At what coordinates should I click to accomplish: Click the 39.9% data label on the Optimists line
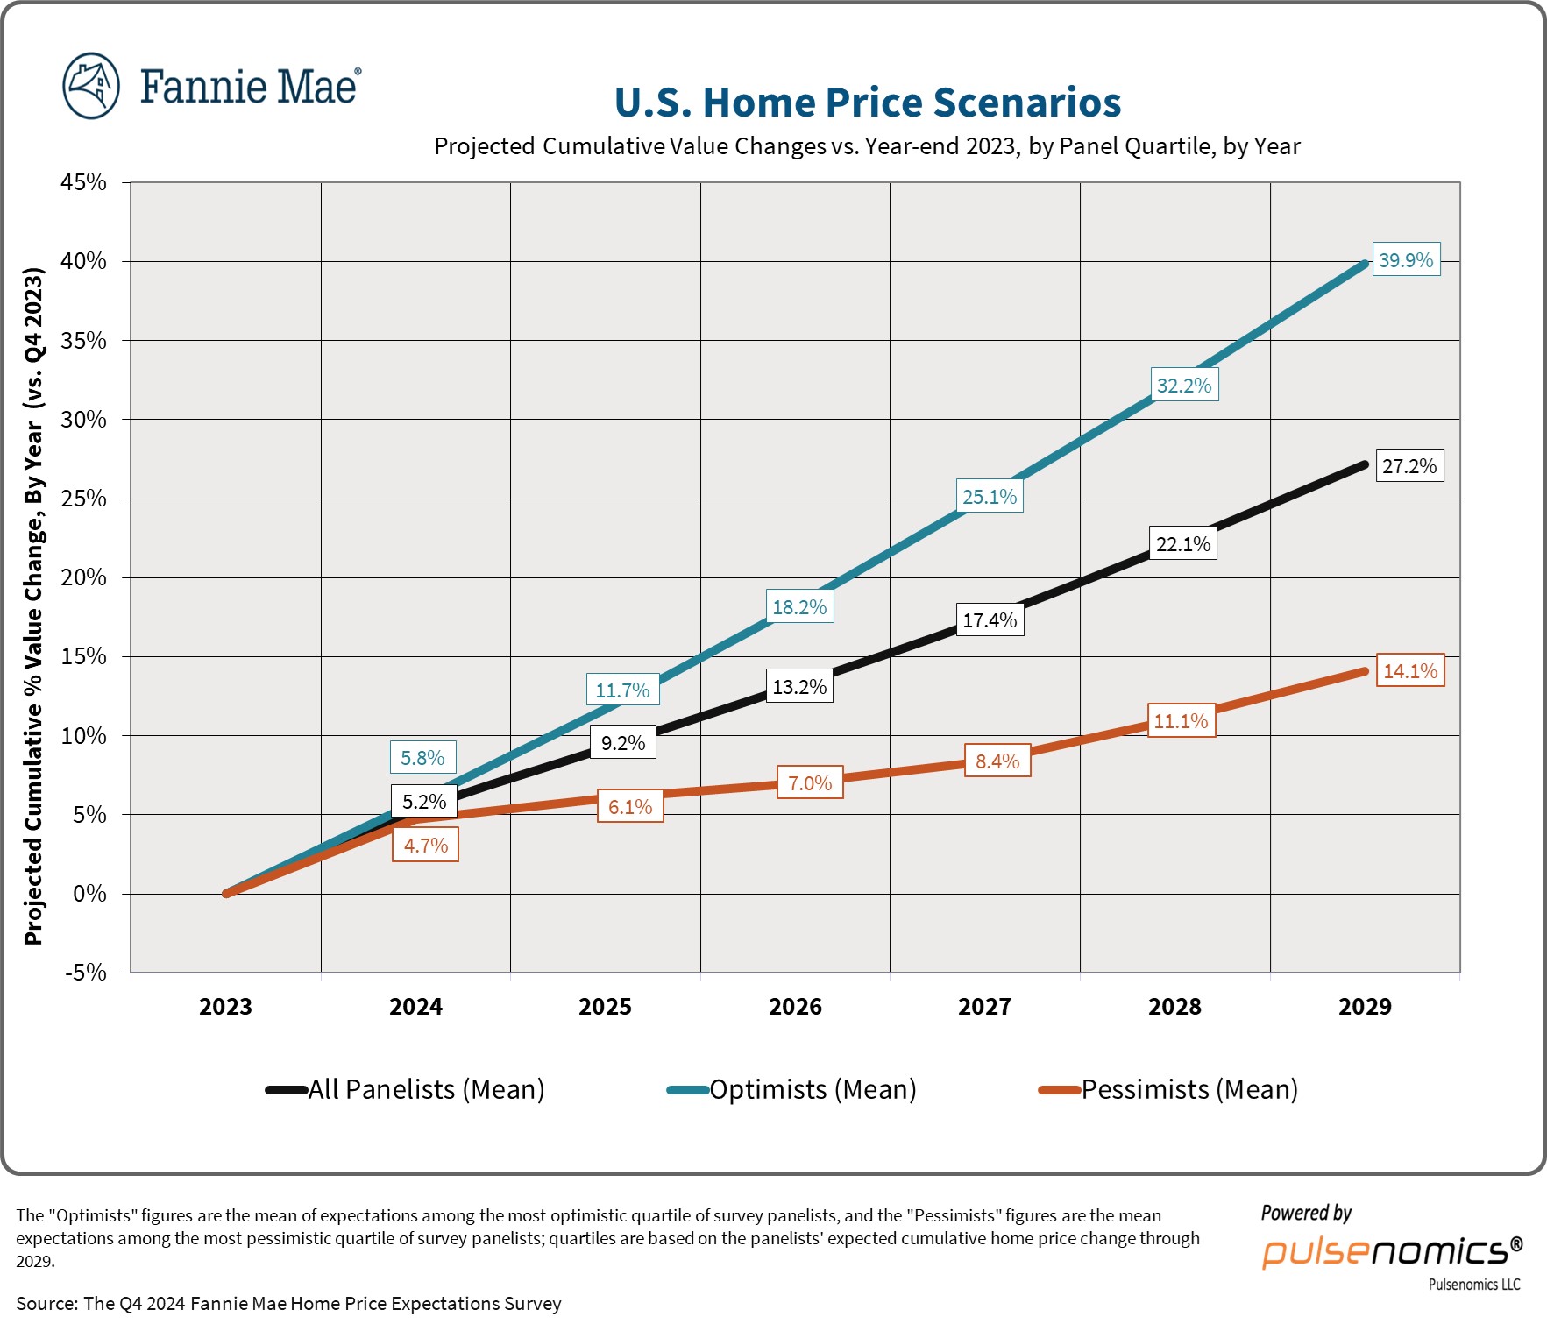(x=1405, y=259)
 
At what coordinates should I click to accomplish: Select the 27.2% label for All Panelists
(x=1409, y=465)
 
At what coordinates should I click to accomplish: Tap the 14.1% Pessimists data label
(x=1409, y=671)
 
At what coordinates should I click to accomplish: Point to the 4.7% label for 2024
(x=425, y=846)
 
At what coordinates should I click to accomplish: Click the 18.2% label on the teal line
(x=799, y=606)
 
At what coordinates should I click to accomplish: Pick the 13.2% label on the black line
(x=799, y=686)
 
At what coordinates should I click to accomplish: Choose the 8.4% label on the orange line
(x=997, y=761)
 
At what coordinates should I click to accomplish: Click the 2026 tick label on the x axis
(x=795, y=1006)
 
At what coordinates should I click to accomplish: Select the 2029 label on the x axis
(x=1365, y=1006)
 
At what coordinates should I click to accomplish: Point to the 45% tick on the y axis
(x=84, y=182)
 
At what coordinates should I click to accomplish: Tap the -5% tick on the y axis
(x=86, y=973)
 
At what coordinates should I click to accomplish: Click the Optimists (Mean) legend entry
(x=812, y=1089)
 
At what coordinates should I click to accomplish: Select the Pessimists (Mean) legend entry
(x=1189, y=1089)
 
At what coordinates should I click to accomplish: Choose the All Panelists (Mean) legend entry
(x=425, y=1089)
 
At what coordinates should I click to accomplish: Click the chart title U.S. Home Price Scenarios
(x=867, y=103)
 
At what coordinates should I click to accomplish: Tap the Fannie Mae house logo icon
(x=91, y=86)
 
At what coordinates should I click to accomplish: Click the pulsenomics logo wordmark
(x=1391, y=1250)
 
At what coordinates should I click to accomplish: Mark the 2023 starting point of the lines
(x=226, y=893)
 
